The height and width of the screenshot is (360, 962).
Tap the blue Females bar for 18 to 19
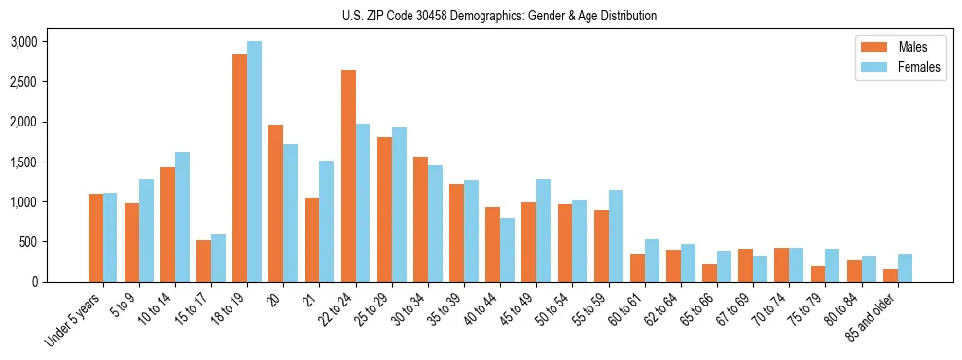(254, 162)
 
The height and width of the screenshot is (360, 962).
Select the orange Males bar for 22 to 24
(348, 176)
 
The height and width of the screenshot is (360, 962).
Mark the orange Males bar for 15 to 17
(203, 261)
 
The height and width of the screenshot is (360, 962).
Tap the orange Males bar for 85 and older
(890, 275)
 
